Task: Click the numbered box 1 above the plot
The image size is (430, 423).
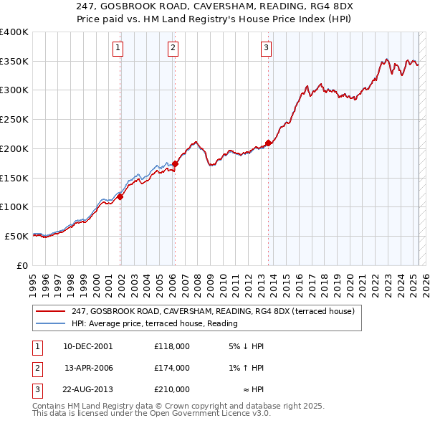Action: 118,48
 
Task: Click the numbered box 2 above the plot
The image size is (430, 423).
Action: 173,48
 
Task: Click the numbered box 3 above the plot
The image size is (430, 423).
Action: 266,48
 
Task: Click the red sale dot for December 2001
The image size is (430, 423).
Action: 120,196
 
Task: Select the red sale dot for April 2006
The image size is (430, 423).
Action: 175,164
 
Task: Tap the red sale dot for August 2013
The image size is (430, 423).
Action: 268,143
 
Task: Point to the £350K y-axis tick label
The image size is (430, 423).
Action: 14,62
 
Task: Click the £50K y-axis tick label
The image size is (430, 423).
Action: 17,236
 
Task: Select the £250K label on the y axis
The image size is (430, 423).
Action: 14,120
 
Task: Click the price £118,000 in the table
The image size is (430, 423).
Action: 172,346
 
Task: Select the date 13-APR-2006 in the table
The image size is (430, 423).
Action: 89,368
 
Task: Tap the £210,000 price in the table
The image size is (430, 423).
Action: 172,389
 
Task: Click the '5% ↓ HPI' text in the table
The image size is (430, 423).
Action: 245,346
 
